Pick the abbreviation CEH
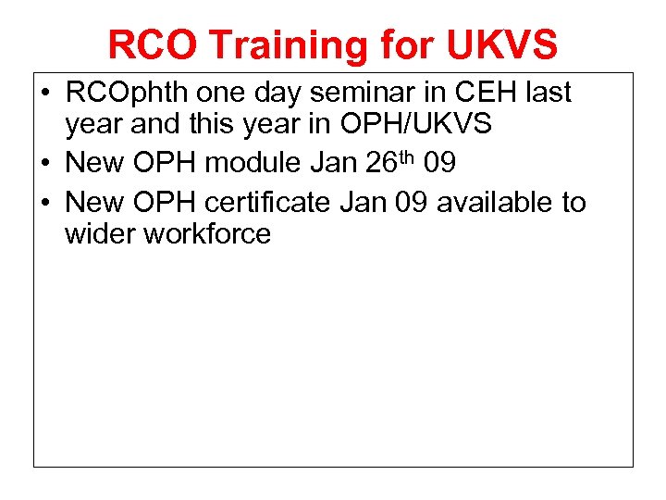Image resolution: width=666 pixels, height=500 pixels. [x=477, y=93]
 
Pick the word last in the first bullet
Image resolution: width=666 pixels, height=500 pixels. [x=547, y=93]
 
